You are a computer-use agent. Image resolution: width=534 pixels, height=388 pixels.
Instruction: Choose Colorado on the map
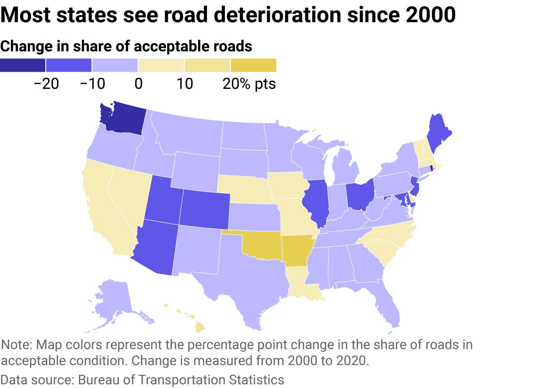(204, 209)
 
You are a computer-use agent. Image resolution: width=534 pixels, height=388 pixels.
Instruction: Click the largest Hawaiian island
(201, 328)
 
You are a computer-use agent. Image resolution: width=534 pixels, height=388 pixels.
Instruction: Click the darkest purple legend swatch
(23, 65)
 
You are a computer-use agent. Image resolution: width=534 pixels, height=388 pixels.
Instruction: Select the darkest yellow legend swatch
(253, 65)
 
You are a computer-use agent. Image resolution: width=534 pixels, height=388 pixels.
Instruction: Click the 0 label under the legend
(138, 84)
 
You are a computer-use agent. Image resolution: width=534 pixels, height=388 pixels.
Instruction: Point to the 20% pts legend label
(249, 84)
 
